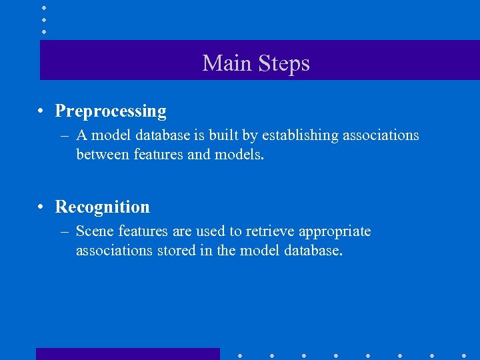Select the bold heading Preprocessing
pyautogui.click(x=111, y=111)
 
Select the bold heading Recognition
pyautogui.click(x=103, y=207)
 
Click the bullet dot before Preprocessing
pyautogui.click(x=41, y=111)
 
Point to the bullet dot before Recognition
pyautogui.click(x=41, y=207)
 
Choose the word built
pyautogui.click(x=229, y=135)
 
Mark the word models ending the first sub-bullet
pyautogui.click(x=241, y=155)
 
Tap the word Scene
pyautogui.click(x=94, y=231)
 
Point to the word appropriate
pyautogui.click(x=335, y=231)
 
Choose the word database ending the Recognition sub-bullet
pyautogui.click(x=312, y=251)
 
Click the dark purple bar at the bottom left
pyautogui.click(x=127, y=353)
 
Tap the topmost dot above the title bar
pyautogui.click(x=44, y=8)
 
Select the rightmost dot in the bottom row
pyautogui.click(x=464, y=355)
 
